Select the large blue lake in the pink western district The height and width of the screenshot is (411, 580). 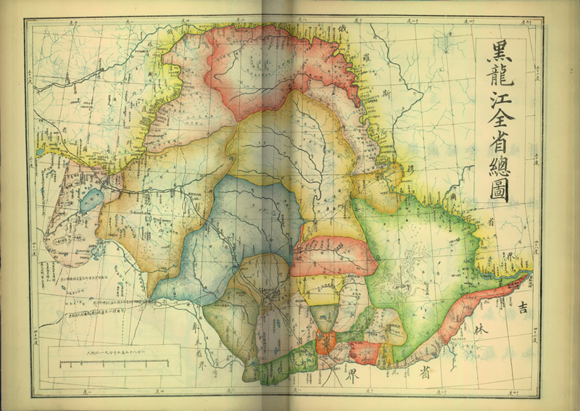pyautogui.click(x=93, y=199)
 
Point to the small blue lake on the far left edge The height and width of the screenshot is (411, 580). pyautogui.click(x=39, y=153)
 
